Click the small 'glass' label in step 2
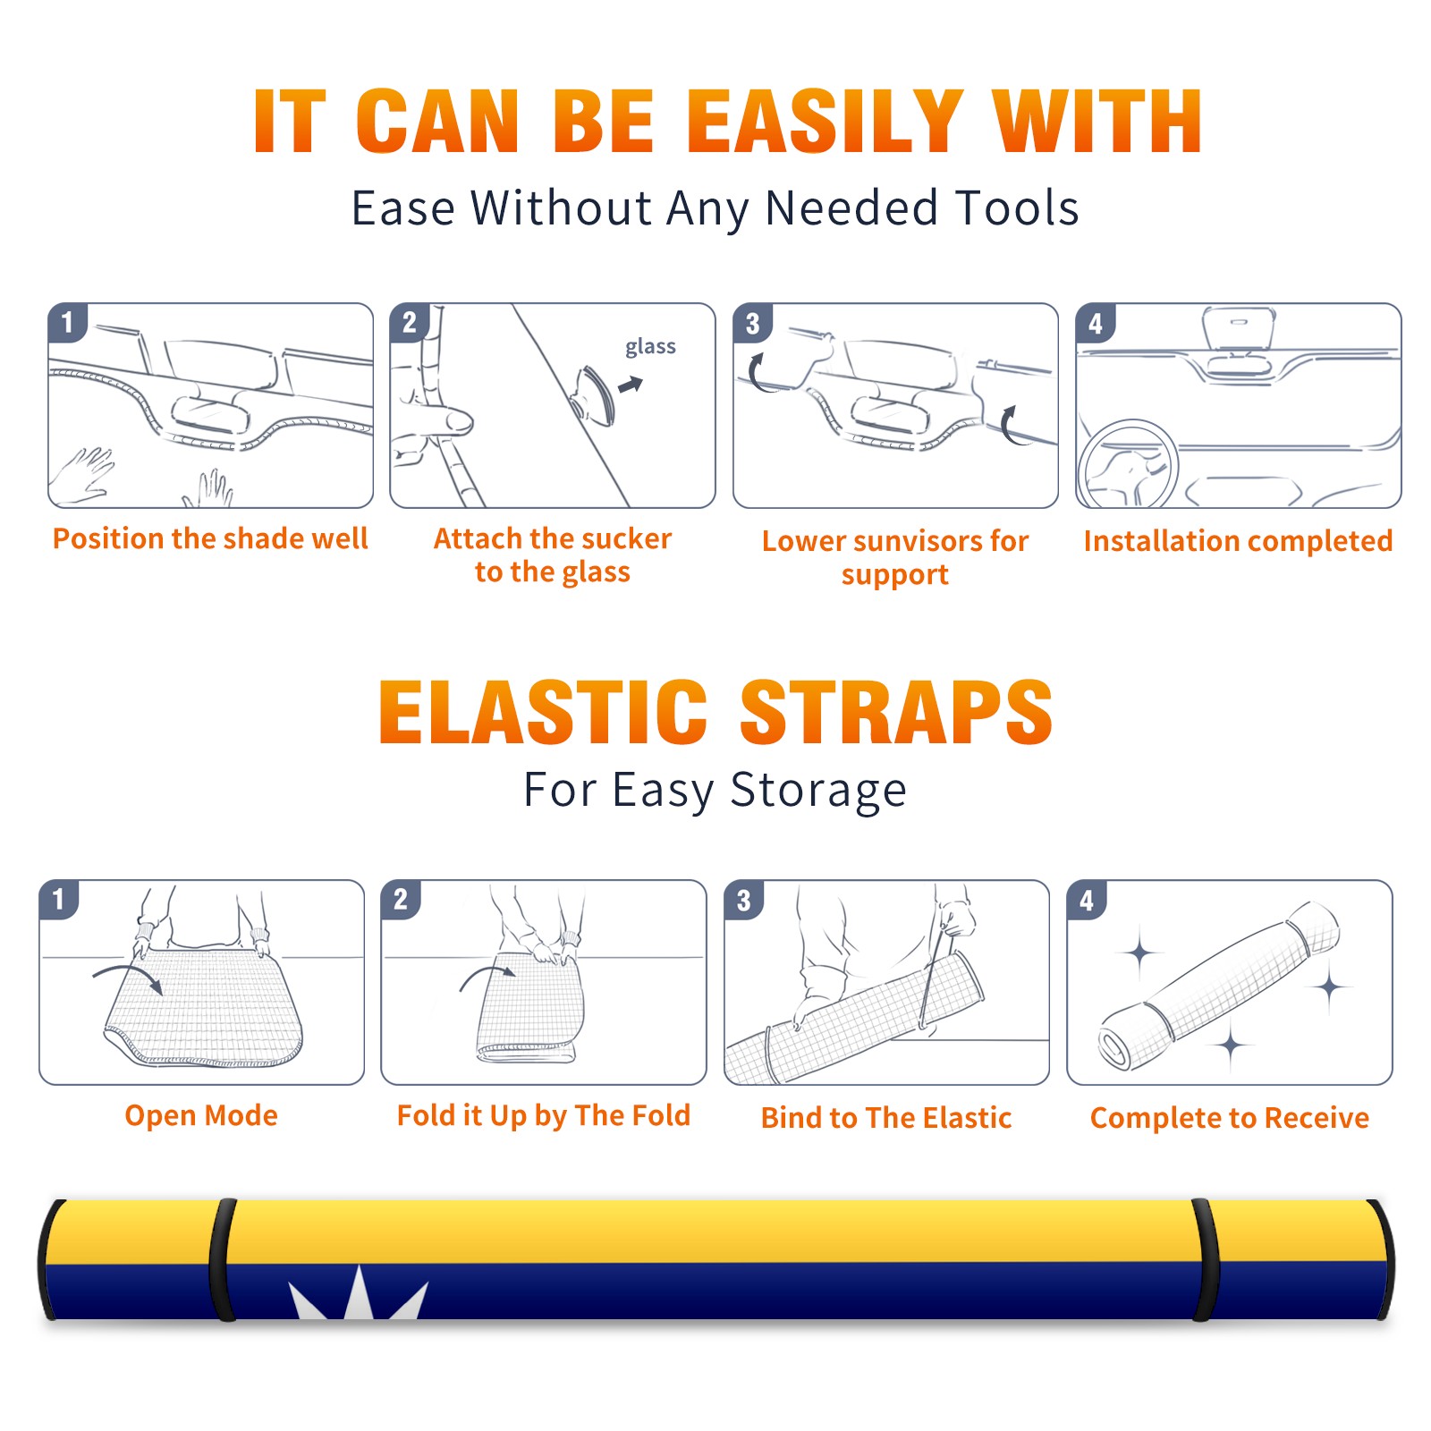650,347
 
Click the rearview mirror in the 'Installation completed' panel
1238,329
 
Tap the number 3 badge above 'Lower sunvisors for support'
752,324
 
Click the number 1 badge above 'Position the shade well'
67,322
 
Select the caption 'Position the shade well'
210,538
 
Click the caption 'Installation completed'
1238,540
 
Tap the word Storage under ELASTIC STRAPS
818,791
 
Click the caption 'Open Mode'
201,1115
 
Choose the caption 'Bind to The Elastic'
886,1118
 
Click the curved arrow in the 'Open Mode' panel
127,975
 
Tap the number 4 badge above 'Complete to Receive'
1087,900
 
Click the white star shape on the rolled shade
358,1294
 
